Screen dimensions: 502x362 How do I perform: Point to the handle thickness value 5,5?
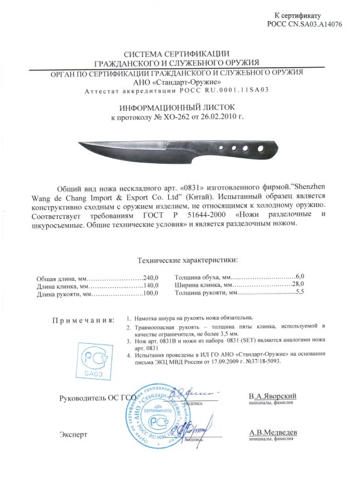pyautogui.click(x=299, y=293)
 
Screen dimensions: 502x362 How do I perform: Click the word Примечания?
pyautogui.click(x=83, y=320)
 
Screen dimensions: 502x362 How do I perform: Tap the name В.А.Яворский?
pyautogui.click(x=272, y=398)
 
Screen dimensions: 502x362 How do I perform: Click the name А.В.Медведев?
pyautogui.click(x=272, y=434)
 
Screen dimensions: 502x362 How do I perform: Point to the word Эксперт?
pyautogui.click(x=73, y=434)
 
